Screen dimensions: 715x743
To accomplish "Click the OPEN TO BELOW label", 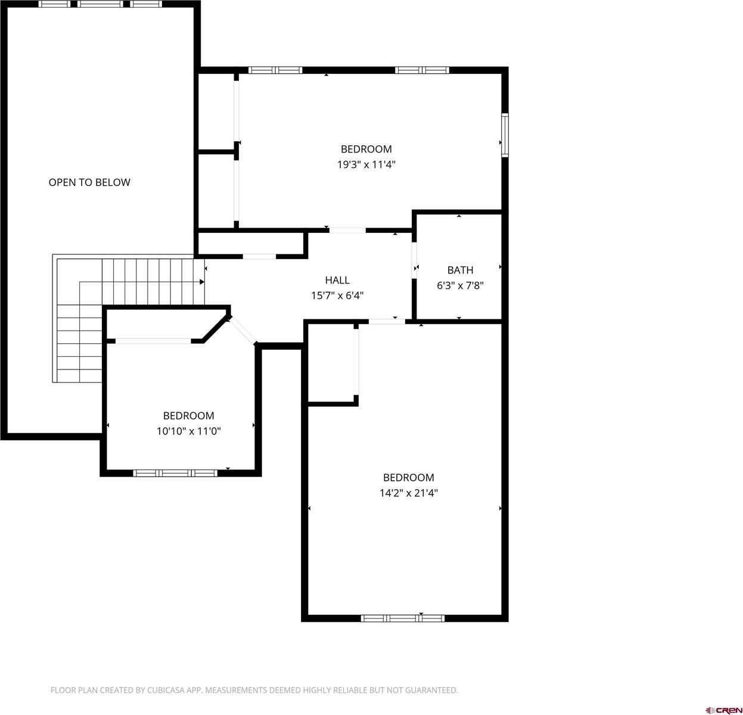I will [89, 182].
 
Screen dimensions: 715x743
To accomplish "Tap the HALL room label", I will [337, 280].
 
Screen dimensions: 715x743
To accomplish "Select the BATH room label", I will [460, 270].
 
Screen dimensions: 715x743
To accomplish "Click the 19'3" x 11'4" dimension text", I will [366, 164].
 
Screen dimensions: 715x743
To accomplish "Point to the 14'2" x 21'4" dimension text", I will [408, 493].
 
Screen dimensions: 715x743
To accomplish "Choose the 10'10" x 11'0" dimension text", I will [188, 431].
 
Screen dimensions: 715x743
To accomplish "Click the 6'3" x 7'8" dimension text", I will [460, 285].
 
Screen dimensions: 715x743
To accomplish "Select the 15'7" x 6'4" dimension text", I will [337, 296].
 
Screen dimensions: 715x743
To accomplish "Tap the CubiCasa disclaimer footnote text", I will [254, 690].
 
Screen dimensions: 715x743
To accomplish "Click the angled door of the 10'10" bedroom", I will [243, 329].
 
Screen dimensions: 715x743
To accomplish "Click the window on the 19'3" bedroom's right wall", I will [505, 135].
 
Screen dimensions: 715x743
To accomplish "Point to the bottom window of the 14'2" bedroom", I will [403, 618].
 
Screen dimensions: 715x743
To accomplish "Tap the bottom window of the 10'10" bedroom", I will [175, 473].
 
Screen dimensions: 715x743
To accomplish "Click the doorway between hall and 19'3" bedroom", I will [347, 230].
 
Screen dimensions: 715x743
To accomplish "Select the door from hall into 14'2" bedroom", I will [387, 322].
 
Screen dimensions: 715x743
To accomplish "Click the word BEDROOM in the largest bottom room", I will [408, 477].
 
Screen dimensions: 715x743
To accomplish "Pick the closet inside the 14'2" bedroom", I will [331, 363].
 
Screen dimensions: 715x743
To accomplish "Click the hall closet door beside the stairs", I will [259, 257].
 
